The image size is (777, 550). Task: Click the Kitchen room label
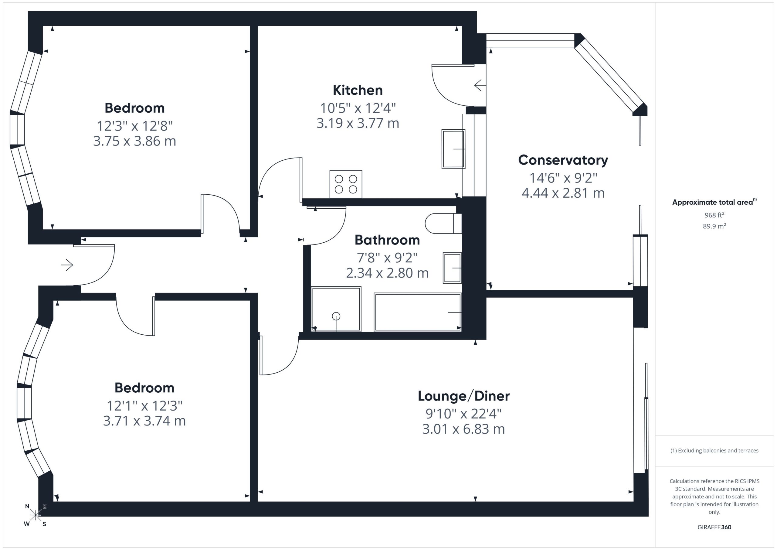tap(358, 90)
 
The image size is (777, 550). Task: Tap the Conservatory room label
tap(563, 160)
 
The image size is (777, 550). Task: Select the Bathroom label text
tap(387, 240)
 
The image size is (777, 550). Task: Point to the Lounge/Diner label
tap(464, 396)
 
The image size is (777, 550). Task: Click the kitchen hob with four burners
tap(346, 184)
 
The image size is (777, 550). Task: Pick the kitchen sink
tap(453, 149)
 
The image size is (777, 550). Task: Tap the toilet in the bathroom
tap(443, 224)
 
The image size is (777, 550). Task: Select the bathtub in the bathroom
tap(418, 312)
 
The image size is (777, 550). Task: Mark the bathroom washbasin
tap(452, 268)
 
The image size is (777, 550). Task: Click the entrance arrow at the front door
tap(67, 265)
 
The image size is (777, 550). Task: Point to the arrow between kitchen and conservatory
tap(480, 85)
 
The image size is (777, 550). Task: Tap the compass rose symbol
tap(36, 515)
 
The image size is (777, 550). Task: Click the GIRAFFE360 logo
tap(714, 527)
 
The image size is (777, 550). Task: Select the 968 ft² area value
tap(714, 215)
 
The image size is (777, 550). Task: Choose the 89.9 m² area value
tap(714, 226)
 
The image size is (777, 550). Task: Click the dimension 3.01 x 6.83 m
tap(464, 429)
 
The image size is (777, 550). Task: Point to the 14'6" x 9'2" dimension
tap(563, 178)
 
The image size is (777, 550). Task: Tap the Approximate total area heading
tap(714, 202)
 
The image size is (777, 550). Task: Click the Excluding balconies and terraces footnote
tap(714, 450)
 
